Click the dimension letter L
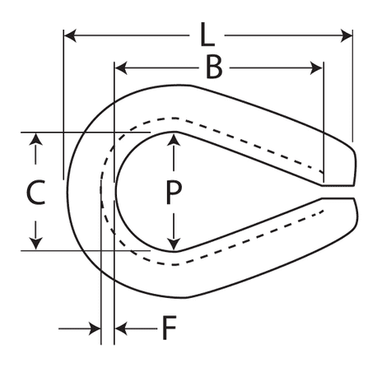(207, 35)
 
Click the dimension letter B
(214, 67)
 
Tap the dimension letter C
(36, 192)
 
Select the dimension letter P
(174, 193)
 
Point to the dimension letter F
(169, 328)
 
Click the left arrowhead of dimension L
(70, 35)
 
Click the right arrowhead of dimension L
(347, 35)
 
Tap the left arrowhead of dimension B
(121, 68)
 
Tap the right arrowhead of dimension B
(316, 68)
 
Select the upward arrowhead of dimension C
(36, 139)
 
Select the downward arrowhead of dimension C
(36, 244)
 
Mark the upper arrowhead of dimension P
(174, 139)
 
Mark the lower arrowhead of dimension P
(174, 244)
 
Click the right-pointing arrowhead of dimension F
(95, 328)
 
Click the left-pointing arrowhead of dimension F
(121, 328)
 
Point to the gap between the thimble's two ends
(338, 192)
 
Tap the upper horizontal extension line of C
(86, 133)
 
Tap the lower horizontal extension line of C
(86, 250)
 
